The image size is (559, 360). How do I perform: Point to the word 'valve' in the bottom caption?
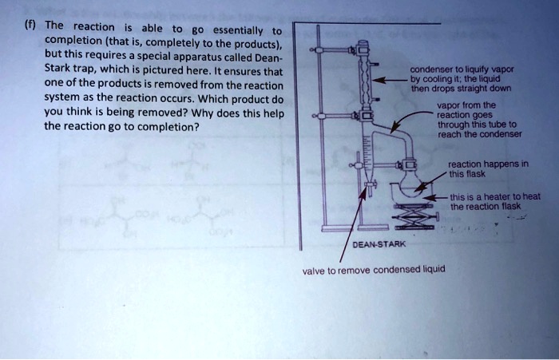click(315, 270)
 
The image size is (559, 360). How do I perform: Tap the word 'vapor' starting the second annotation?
click(448, 105)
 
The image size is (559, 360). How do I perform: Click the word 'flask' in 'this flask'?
click(476, 173)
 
